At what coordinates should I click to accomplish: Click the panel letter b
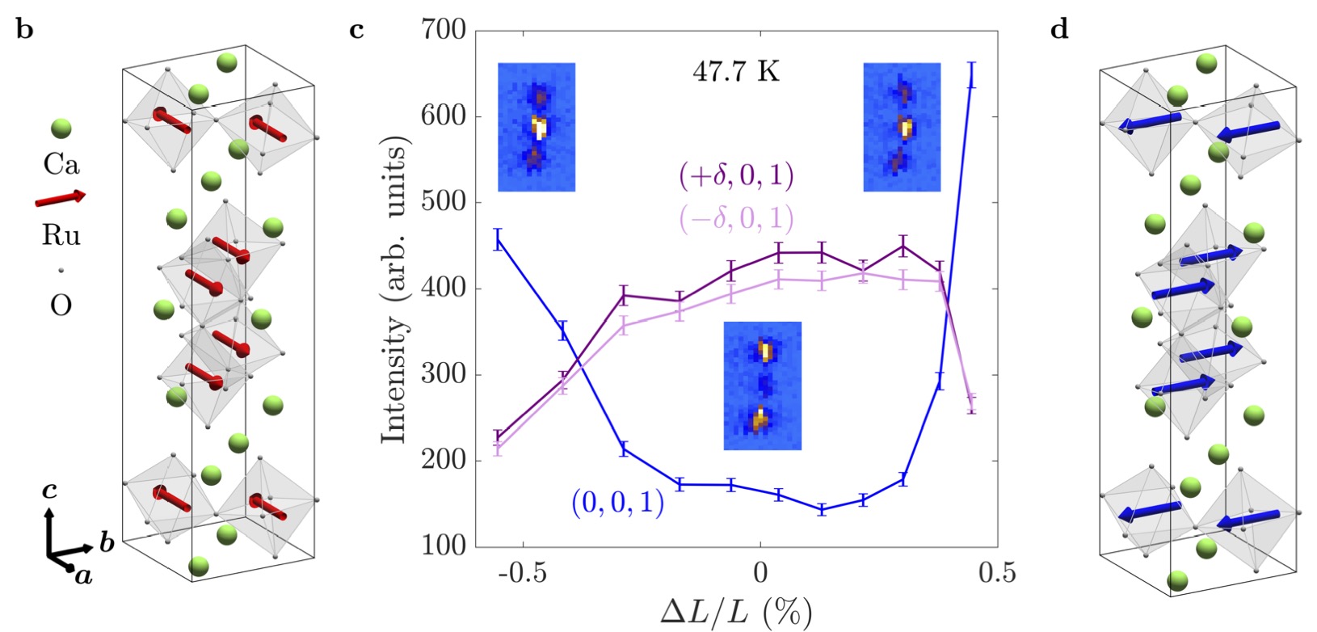click(x=25, y=32)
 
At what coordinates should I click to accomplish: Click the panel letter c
click(x=356, y=32)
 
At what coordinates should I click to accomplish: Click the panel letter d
click(x=1058, y=30)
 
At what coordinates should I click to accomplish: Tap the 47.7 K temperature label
click(x=736, y=72)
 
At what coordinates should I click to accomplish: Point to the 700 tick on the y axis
click(x=444, y=31)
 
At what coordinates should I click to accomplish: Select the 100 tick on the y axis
click(x=444, y=546)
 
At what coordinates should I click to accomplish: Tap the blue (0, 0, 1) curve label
click(x=618, y=503)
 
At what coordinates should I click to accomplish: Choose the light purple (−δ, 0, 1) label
click(x=736, y=218)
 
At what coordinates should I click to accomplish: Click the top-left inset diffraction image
click(x=536, y=127)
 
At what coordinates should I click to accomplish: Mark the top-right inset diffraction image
click(x=902, y=127)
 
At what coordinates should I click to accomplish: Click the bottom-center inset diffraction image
click(x=762, y=386)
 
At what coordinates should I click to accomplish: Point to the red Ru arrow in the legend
click(x=60, y=198)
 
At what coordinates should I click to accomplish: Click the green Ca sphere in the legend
click(x=61, y=128)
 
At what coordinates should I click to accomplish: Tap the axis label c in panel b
click(x=49, y=491)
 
